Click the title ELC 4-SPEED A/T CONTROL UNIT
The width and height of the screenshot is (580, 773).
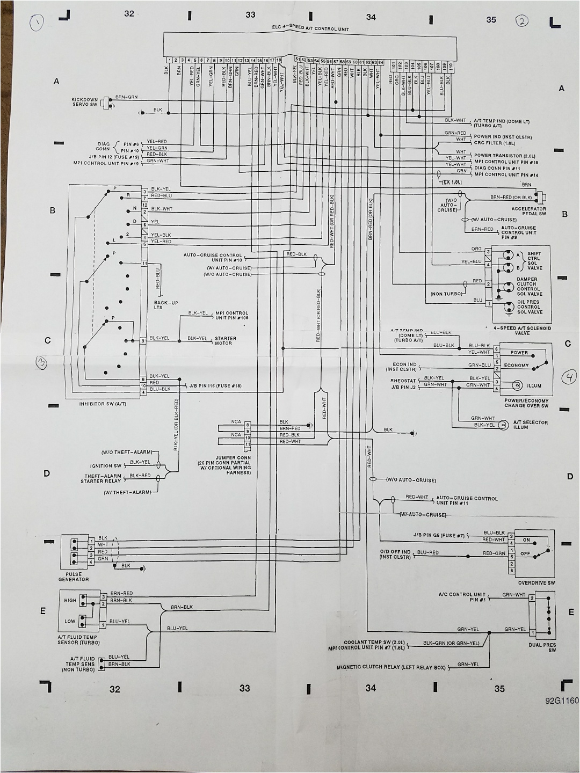tap(310, 28)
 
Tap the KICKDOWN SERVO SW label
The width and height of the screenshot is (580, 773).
tap(85, 102)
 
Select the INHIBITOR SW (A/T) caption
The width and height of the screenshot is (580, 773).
tap(103, 404)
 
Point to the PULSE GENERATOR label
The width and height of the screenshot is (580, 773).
tap(74, 577)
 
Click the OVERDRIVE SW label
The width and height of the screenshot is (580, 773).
tap(536, 583)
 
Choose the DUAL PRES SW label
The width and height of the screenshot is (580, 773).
tap(542, 647)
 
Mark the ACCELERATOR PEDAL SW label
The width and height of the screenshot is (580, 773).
tap(528, 211)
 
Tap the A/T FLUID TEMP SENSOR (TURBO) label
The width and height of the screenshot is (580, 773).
tap(78, 640)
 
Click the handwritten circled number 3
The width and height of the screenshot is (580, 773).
tap(41, 362)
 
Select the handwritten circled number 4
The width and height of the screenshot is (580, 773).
tap(569, 378)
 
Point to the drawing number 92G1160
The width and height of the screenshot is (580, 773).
tap(562, 701)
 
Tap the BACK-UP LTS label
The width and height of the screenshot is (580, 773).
tap(166, 305)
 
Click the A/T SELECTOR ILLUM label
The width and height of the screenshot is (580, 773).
tap(530, 425)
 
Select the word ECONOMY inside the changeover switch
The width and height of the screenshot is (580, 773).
tap(516, 365)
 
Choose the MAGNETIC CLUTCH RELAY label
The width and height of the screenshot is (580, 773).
tap(391, 667)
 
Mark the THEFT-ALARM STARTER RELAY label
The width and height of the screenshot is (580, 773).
tap(103, 478)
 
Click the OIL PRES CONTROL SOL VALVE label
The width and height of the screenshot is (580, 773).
tap(530, 307)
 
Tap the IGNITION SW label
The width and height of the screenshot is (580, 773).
tap(106, 466)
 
